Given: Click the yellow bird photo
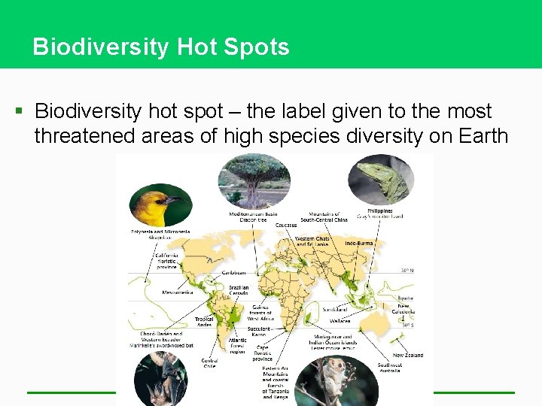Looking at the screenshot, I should pos(160,205).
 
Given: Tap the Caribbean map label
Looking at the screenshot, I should pos(235,273).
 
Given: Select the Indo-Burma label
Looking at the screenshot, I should pos(360,244).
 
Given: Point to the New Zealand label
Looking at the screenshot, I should pos(407,356).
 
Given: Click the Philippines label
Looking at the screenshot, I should pos(380,211).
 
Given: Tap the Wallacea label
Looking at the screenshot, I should pos(340,321).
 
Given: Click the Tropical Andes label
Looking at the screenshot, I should pos(204,321).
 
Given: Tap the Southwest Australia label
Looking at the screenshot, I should pos(390,368).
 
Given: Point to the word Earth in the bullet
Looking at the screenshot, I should pos(472,136).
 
